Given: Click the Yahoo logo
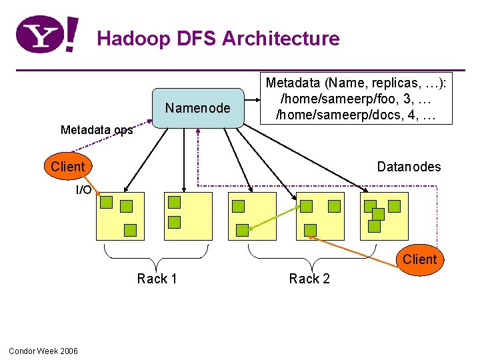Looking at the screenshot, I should (46, 35).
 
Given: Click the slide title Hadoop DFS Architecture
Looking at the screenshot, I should (218, 39).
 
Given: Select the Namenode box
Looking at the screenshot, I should (198, 108).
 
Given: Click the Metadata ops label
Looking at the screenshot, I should (97, 130).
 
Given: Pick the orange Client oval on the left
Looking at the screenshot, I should (67, 167).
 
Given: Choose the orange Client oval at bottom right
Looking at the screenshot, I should (420, 259).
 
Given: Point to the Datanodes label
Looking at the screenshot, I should (409, 167).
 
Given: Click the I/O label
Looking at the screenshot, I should (83, 190).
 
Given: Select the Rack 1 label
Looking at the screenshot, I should (157, 279).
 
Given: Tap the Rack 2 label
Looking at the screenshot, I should (309, 279).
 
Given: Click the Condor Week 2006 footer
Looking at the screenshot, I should (43, 351).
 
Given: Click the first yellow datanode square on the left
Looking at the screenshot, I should (120, 216).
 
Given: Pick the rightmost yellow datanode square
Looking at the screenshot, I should (384, 216).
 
